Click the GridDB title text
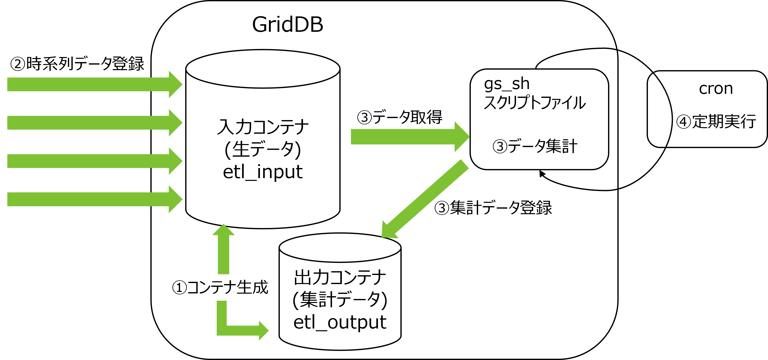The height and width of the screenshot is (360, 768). [x=287, y=24]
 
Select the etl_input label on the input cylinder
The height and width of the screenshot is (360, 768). [x=263, y=172]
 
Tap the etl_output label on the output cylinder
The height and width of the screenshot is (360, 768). [x=340, y=322]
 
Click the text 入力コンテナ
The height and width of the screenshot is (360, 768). [x=263, y=127]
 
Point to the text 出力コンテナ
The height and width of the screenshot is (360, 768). [x=340, y=277]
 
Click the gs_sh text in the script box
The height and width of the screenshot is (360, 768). [x=507, y=84]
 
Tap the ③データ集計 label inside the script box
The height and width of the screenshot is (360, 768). [x=535, y=146]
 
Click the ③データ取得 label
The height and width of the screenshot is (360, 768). [x=399, y=117]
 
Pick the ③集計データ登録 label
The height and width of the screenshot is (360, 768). [x=493, y=208]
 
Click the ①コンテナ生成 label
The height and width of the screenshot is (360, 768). [x=220, y=288]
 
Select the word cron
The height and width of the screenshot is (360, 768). [x=716, y=89]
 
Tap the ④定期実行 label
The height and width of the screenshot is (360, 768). [x=716, y=122]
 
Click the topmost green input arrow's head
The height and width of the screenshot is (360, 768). [x=175, y=84]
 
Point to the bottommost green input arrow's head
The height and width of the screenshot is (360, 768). [x=175, y=199]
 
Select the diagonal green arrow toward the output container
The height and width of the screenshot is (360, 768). [x=425, y=199]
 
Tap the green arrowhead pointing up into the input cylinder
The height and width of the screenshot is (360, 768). [x=223, y=230]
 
